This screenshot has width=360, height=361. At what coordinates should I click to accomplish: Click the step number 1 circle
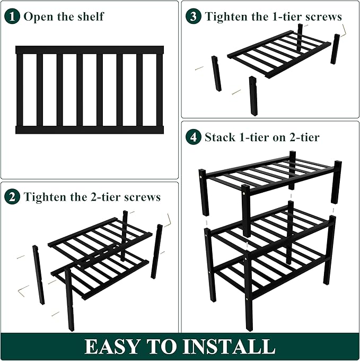coord(14,16)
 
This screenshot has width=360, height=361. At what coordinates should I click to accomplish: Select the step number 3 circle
coord(194,16)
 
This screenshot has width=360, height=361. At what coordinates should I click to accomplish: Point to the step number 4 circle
coord(194,137)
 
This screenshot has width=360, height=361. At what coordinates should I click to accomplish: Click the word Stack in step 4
coord(220,137)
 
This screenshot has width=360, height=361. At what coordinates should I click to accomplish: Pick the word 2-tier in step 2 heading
coord(103,197)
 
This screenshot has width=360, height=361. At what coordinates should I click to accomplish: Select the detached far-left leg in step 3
coord(216,73)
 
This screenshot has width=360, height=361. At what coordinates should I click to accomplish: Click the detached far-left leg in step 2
coord(38,274)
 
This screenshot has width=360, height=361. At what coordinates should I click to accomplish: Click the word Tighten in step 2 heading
coord(45,197)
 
